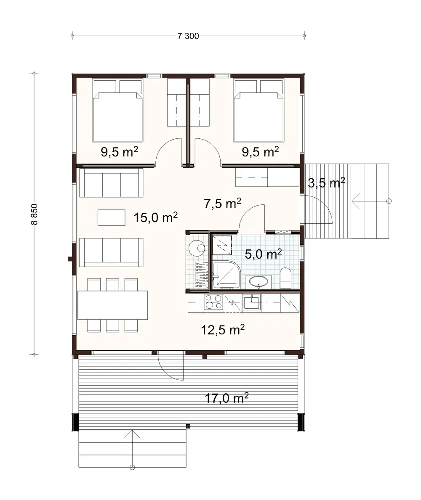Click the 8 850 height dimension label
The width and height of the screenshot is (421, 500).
35,215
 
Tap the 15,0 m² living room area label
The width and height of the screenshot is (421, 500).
155,217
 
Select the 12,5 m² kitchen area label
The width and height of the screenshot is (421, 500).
223,330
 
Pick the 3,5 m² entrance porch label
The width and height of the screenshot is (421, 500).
326,183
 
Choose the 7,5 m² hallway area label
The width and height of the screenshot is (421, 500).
222,204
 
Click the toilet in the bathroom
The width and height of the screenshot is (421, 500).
285,278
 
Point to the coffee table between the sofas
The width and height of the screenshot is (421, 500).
112,218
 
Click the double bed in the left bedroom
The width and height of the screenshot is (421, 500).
117,111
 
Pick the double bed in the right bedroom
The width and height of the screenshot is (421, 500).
258,111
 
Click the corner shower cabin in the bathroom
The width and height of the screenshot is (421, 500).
226,275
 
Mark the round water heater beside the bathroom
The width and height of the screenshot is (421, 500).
197,247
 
